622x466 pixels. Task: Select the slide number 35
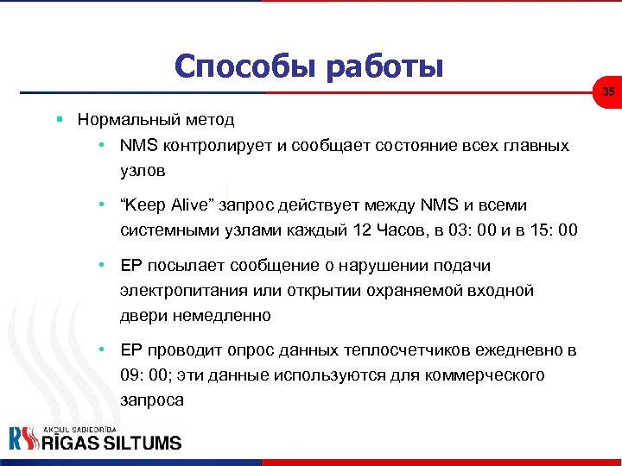point(608,92)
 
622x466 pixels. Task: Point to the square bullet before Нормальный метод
point(60,119)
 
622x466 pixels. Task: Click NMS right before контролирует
point(136,145)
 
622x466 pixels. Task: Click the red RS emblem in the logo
point(24,439)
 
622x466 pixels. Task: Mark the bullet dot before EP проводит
point(102,350)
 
